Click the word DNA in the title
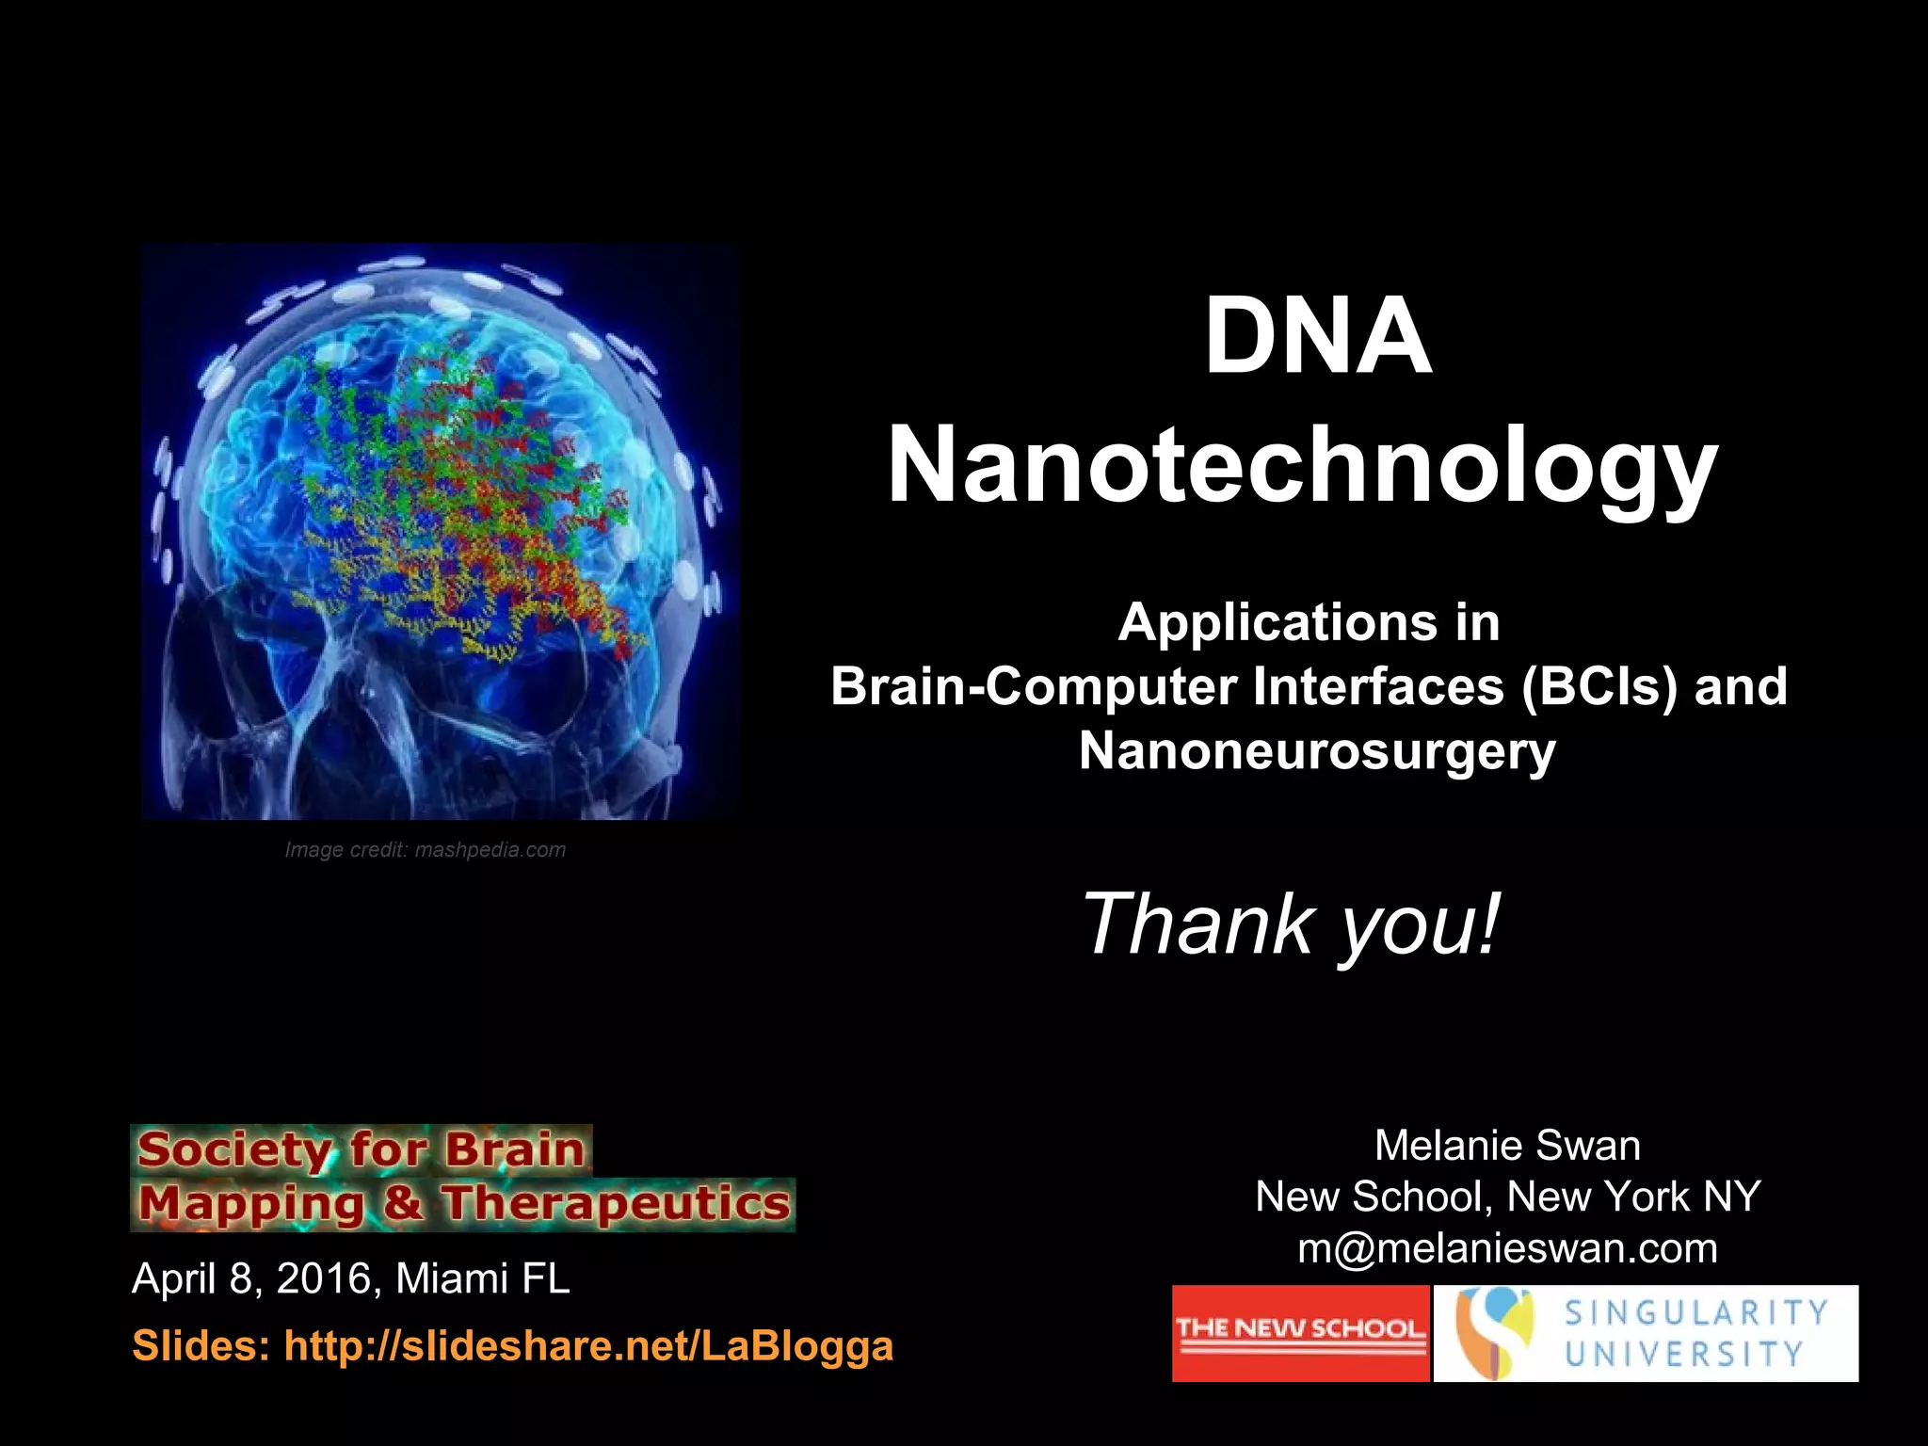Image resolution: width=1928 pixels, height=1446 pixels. click(1317, 336)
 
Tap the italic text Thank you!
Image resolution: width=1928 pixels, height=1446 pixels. click(1289, 924)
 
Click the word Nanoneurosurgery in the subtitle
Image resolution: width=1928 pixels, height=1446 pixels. click(1316, 750)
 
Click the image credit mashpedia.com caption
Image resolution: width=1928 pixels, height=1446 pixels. click(426, 850)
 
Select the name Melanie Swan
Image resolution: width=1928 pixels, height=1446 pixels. click(1507, 1146)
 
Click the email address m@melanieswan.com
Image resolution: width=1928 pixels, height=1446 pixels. click(1507, 1248)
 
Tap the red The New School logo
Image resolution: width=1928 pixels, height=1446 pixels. click(1300, 1333)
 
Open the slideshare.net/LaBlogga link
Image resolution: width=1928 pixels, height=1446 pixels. click(588, 1345)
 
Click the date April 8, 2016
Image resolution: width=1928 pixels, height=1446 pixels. click(255, 1278)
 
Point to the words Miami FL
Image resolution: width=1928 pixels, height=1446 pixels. click(482, 1278)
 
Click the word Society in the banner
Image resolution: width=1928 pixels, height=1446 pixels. click(233, 1149)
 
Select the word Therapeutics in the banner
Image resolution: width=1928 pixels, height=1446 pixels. click(617, 1203)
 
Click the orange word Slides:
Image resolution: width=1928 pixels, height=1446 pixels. click(201, 1345)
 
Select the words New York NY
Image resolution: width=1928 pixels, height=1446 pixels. click(1633, 1197)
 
